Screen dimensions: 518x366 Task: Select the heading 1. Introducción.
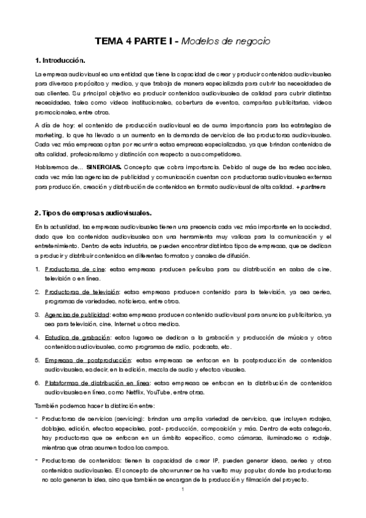60,61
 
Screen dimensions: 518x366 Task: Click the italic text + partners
313,186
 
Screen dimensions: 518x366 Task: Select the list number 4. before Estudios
37,337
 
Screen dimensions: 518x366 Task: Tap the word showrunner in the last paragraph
179,471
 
